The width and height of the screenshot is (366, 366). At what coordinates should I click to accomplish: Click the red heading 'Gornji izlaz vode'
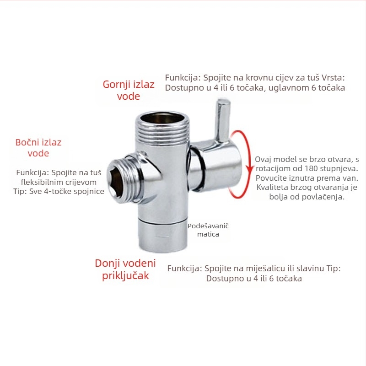[129, 90]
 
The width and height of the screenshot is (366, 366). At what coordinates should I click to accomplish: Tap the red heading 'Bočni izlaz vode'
[38, 148]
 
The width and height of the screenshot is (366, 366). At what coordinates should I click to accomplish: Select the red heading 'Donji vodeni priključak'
[125, 269]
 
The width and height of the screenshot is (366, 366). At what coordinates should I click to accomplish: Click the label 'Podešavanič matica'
[208, 230]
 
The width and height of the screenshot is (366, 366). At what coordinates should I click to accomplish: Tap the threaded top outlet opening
[162, 118]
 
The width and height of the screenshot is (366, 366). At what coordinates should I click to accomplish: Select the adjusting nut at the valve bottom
[163, 236]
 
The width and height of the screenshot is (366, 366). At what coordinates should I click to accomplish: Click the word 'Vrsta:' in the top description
[333, 78]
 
